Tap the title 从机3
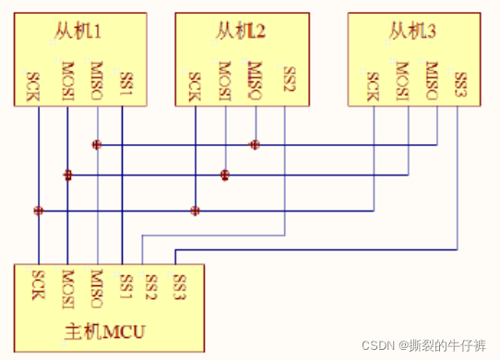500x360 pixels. click(411, 33)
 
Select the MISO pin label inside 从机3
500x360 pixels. click(432, 80)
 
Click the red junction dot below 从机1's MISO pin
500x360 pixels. click(96, 144)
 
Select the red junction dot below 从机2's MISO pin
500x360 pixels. click(255, 144)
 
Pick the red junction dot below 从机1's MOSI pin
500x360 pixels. click(67, 175)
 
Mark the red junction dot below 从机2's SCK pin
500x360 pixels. click(195, 210)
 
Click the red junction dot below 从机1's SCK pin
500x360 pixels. click(38, 210)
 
